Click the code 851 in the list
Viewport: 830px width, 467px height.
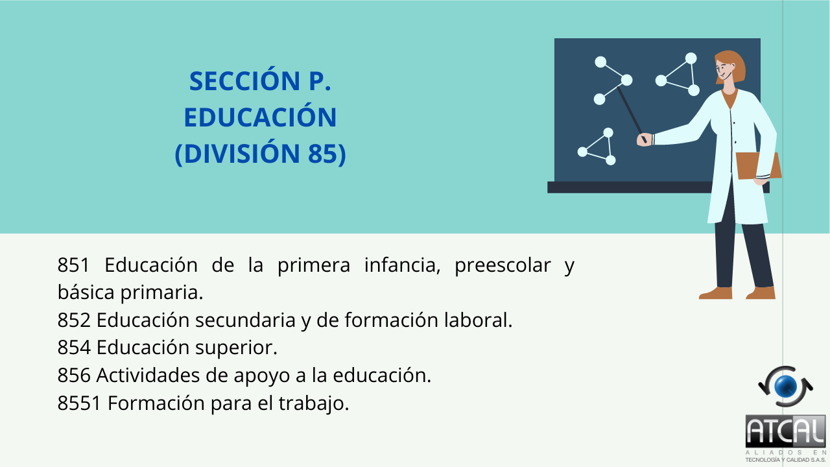click(x=73, y=265)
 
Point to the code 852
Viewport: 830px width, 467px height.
click(x=74, y=320)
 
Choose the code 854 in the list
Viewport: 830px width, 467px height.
click(x=74, y=348)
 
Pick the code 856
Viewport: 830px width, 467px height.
click(x=74, y=376)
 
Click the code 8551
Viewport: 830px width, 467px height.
click(x=79, y=403)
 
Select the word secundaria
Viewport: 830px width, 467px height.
click(x=245, y=320)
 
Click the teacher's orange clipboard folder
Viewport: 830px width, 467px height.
click(x=759, y=165)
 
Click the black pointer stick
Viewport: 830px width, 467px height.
click(x=632, y=114)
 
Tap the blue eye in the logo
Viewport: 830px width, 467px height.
click(x=785, y=386)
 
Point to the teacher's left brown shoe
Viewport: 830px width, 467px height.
click(x=715, y=293)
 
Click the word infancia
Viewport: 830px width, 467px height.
click(x=403, y=265)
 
